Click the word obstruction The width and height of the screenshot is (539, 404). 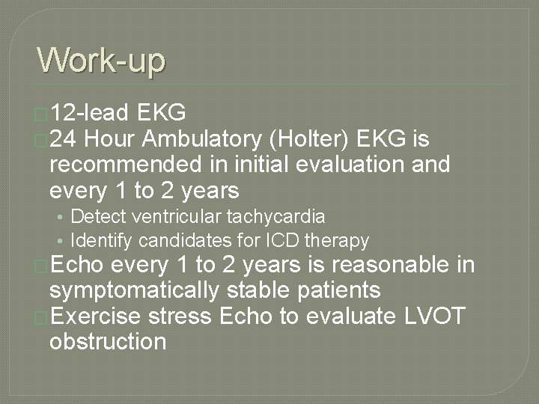[x=107, y=342]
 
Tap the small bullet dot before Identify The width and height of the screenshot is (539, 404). [x=61, y=241]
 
